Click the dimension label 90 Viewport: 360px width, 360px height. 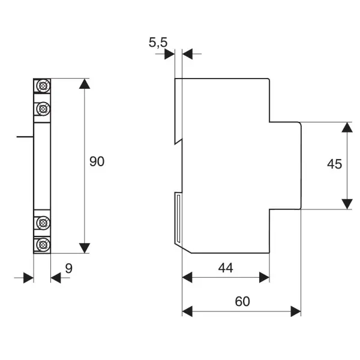tap(97, 161)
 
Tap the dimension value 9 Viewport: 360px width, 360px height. tap(68, 268)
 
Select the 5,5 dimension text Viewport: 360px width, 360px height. tap(158, 43)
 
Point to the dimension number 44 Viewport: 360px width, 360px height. tap(226, 268)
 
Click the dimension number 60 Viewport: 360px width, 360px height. tap(242, 301)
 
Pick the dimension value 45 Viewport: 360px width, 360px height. tap(335, 164)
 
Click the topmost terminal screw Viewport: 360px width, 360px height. tap(43, 86)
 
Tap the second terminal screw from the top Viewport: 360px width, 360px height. tap(43, 109)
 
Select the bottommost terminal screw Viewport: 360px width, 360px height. tap(43, 245)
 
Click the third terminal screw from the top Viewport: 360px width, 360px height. tap(43, 223)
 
